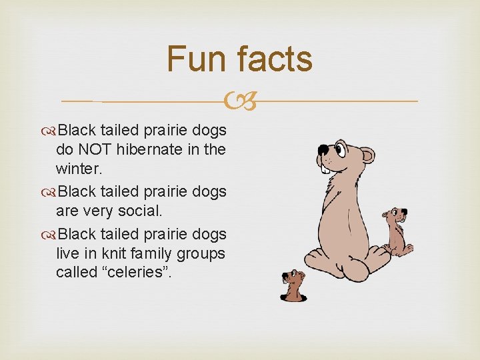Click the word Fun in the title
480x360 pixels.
197,59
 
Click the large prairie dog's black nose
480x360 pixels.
323,149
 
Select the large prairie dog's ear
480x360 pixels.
367,157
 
